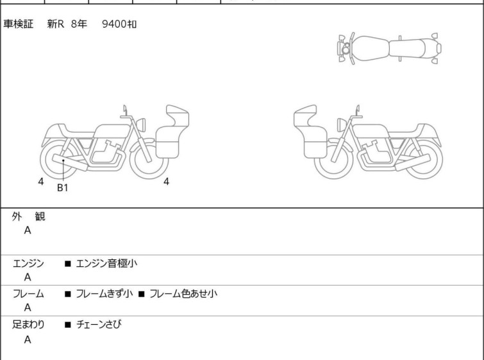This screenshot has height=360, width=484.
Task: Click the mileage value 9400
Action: [x=114, y=24]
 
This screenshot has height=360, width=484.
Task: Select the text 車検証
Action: [x=18, y=24]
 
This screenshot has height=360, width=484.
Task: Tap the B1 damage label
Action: [x=62, y=187]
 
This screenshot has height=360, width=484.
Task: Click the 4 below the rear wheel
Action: [x=41, y=182]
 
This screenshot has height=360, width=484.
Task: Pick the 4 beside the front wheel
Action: [x=166, y=182]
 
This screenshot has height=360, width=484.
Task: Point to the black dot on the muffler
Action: [x=63, y=160]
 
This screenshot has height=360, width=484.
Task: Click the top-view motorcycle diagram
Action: [x=390, y=48]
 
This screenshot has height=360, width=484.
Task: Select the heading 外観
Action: [x=28, y=217]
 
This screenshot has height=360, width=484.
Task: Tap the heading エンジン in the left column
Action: [x=28, y=264]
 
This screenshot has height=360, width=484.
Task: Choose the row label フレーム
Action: [x=28, y=294]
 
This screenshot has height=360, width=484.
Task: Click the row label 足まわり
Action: [x=28, y=325]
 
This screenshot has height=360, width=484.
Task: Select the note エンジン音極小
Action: [x=106, y=264]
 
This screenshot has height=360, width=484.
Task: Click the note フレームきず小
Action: [x=104, y=294]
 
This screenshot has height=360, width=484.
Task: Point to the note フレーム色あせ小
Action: [x=183, y=294]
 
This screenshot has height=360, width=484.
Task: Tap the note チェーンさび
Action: [x=99, y=325]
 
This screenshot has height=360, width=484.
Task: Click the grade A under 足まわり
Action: [x=28, y=339]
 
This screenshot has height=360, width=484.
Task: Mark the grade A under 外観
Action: [x=28, y=230]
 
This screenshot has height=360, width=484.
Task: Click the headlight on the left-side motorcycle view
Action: [x=141, y=124]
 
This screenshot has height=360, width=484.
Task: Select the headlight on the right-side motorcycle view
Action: [x=342, y=124]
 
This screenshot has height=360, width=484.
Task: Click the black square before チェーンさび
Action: [x=68, y=325]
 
